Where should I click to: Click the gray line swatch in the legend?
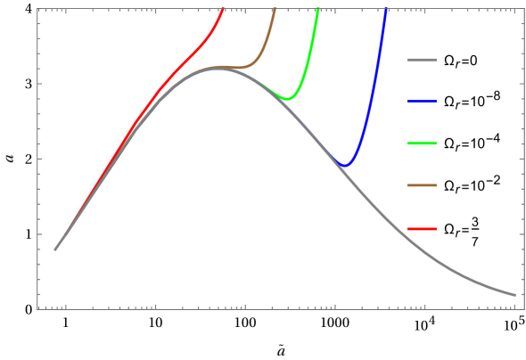[422, 61]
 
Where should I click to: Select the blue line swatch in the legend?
[422, 102]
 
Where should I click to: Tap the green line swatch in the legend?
[422, 143]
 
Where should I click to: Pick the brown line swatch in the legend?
[422, 185]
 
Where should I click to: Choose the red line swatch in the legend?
[422, 229]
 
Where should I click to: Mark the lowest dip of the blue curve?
[346, 165]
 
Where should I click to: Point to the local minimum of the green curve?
[288, 98]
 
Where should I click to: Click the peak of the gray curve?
[217, 68]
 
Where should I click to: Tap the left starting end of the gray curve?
[55, 250]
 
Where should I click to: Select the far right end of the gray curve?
[514, 294]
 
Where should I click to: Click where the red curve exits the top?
[223, 9]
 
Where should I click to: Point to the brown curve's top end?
[275, 9]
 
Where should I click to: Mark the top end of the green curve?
[318, 9]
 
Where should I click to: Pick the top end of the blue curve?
[386, 10]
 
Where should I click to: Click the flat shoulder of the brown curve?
[236, 67]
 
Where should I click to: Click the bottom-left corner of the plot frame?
[37, 308]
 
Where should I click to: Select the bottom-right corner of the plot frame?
[523, 308]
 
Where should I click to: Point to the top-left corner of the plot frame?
[37, 9]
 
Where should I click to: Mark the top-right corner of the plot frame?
[523, 9]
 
